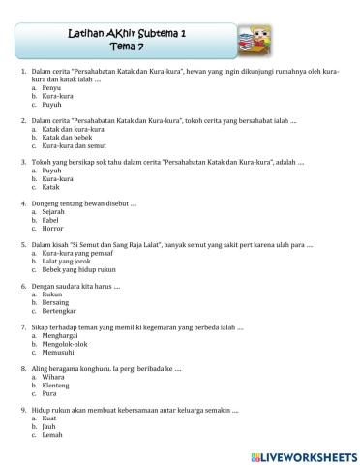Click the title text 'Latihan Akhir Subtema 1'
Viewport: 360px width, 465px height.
point(129,32)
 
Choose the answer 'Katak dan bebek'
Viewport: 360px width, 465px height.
point(64,137)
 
